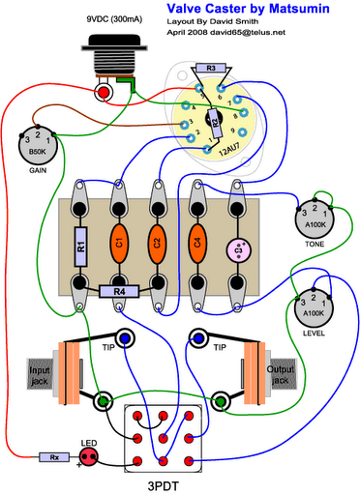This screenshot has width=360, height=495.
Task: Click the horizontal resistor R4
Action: pos(119,290)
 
